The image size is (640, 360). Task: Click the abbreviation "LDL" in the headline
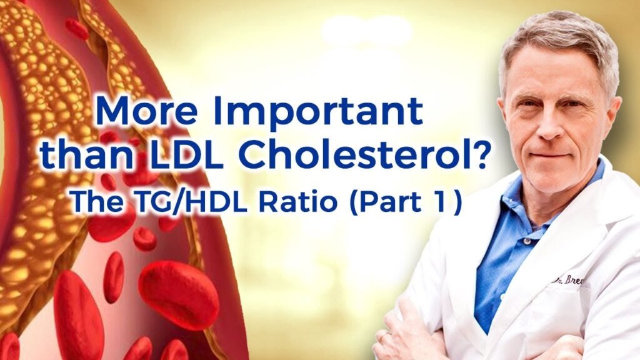coord(185,154)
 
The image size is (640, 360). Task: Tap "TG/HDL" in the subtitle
coord(190,202)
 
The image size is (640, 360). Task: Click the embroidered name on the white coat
coord(568,281)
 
